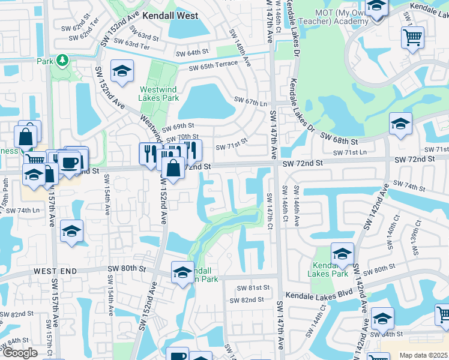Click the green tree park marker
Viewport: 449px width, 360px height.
[x=61, y=61]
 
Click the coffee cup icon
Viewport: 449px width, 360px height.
[x=69, y=161]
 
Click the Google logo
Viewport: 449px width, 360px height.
[x=20, y=353]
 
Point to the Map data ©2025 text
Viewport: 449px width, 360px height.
[x=423, y=355]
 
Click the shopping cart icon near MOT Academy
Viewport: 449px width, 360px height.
[x=413, y=37]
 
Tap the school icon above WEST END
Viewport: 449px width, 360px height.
[x=71, y=232]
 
